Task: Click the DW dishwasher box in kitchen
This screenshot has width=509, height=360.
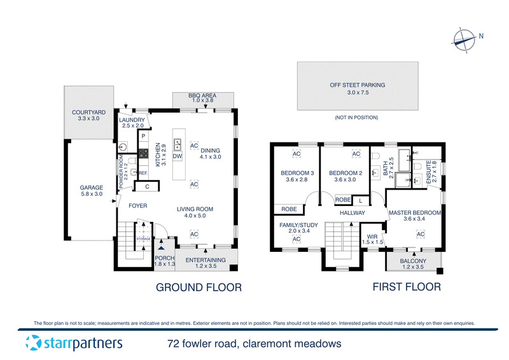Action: pos(178,156)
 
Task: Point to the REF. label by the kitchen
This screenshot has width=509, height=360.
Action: pos(143,173)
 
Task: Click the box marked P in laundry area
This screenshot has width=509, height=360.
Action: pos(144,136)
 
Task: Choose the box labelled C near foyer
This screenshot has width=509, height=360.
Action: pos(147,186)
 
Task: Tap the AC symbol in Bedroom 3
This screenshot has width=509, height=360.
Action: pos(296,154)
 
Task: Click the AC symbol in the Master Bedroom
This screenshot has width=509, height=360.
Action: pos(421,235)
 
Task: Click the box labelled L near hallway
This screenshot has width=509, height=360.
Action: pos(361,200)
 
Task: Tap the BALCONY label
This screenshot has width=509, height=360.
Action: pos(413,261)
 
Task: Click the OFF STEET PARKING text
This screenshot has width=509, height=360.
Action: pos(357,85)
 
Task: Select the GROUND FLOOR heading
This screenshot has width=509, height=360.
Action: pos(199,287)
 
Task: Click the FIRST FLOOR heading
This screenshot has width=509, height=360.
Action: pos(407,287)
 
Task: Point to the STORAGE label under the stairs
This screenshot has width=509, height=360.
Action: pos(143,239)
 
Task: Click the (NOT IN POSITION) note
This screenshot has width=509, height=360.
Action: pos(356,118)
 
